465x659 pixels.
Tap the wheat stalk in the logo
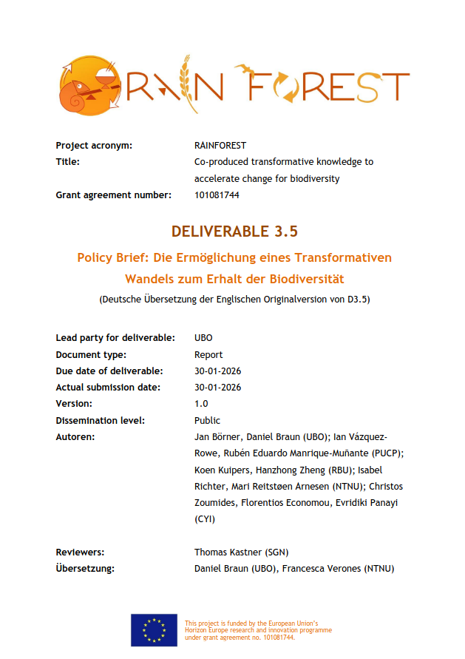190,84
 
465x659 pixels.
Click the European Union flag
154,629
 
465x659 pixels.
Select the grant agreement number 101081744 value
217,195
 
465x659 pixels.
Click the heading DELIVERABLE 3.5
234,232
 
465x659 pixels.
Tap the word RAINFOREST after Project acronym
220,145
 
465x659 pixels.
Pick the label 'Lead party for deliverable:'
115,337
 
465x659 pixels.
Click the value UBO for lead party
203,337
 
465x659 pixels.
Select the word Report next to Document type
208,354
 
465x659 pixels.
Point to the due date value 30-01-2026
217,371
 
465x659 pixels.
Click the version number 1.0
201,404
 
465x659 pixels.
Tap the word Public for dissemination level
207,420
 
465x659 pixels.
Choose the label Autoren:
75,437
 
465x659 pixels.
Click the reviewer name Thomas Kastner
226,552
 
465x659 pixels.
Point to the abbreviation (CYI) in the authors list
204,519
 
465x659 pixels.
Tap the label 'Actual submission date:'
109,387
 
